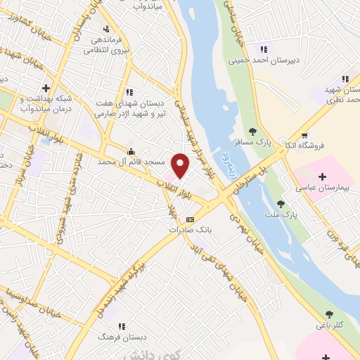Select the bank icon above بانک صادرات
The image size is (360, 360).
189,219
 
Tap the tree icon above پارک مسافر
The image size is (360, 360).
252,131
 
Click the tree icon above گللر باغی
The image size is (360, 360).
329,314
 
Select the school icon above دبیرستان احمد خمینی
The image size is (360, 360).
264,49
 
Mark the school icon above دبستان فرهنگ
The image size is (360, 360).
122,327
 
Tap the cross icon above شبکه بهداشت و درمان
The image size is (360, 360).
46,88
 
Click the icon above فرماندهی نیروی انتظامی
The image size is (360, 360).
105,29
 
